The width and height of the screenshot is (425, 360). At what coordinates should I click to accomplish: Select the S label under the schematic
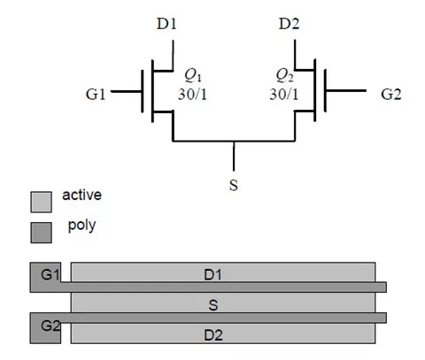234,187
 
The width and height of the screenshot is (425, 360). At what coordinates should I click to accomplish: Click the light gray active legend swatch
42,202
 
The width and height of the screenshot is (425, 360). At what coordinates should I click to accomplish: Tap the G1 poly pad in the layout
44,277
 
